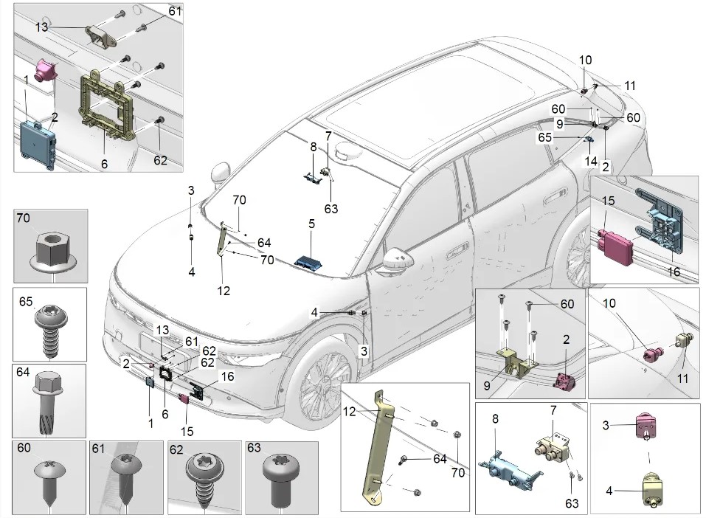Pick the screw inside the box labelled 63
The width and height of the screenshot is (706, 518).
pyautogui.click(x=282, y=478)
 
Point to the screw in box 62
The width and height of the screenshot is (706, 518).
pyautogui.click(x=203, y=476)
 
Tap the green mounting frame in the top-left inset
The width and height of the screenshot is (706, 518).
pyautogui.click(x=106, y=103)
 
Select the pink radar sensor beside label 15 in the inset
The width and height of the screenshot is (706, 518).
pyautogui.click(x=616, y=242)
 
